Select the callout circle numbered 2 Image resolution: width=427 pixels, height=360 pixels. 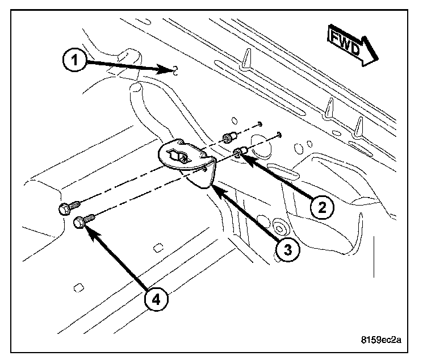321,208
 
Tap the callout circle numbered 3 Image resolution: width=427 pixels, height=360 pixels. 288,250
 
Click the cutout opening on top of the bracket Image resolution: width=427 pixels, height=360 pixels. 180,156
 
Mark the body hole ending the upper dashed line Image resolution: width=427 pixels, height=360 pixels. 259,123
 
